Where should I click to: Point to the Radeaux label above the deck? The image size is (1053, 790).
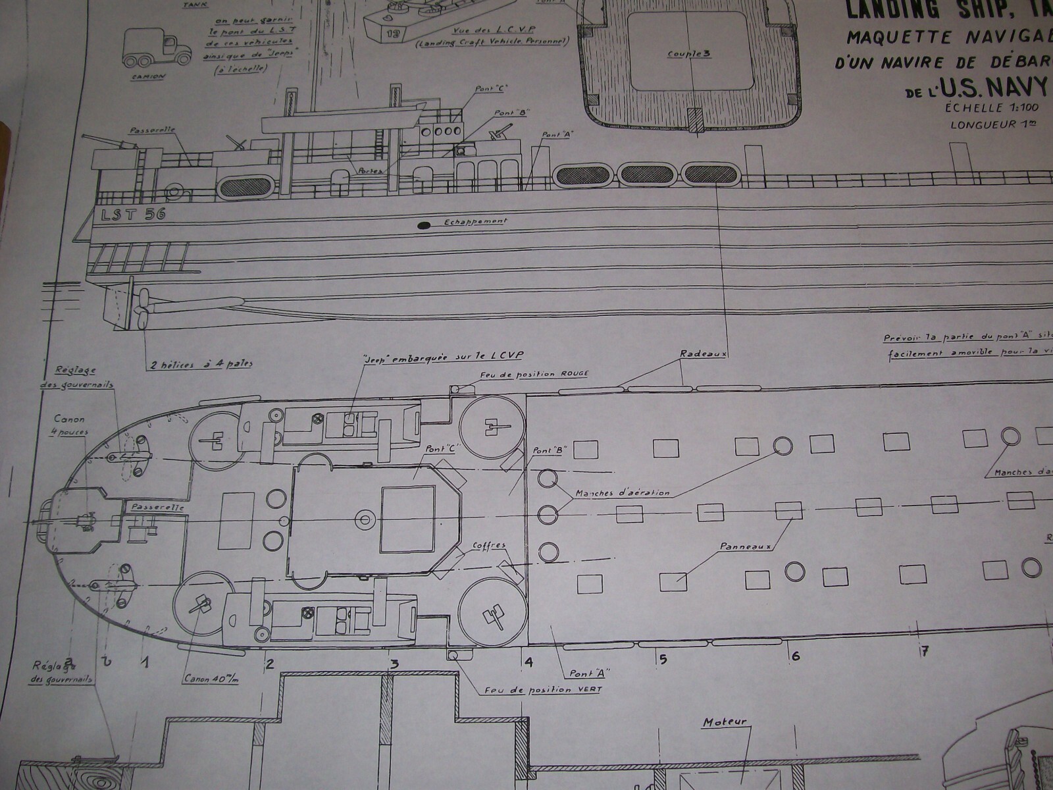(702, 354)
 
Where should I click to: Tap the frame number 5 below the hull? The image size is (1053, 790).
(663, 658)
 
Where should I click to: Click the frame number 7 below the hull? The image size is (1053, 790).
(924, 652)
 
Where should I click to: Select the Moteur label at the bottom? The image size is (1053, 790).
(725, 722)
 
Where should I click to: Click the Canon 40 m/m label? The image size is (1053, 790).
(211, 679)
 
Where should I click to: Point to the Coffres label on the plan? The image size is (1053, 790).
(489, 546)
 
